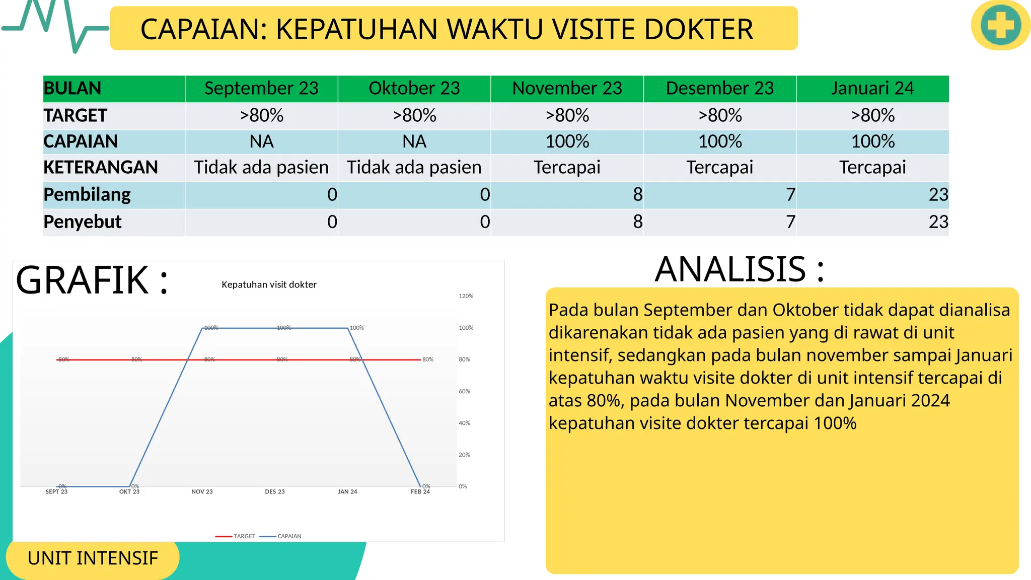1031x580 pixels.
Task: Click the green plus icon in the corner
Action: (1000, 25)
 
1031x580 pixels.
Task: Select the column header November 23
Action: (567, 89)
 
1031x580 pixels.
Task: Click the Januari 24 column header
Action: (872, 89)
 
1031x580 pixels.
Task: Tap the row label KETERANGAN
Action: (101, 167)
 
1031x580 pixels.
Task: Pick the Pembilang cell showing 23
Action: (938, 195)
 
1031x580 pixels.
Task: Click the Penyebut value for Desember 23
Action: (790, 222)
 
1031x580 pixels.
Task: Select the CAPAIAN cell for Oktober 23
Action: (414, 142)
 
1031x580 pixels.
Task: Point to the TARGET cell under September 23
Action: (261, 116)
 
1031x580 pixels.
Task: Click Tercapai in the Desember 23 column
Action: (719, 167)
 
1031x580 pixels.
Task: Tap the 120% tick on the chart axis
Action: (466, 296)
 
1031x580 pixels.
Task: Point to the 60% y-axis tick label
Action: (464, 391)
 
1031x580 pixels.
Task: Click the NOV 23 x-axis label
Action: (202, 492)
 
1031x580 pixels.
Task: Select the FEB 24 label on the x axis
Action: (420, 492)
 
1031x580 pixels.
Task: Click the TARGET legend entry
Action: (244, 536)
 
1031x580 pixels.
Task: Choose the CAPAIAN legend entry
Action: (289, 536)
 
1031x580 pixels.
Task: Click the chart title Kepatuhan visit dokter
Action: (269, 284)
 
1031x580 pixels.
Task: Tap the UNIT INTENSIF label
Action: (93, 558)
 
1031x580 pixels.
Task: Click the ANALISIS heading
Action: (739, 269)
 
